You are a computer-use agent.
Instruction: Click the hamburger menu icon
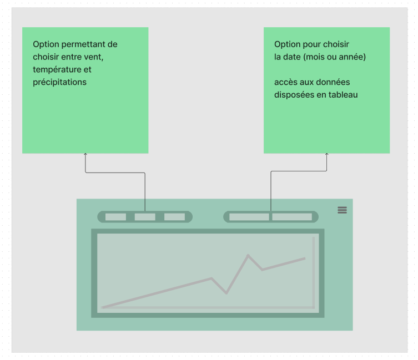(343, 210)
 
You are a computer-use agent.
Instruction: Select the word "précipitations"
(60, 82)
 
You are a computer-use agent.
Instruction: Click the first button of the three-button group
(115, 217)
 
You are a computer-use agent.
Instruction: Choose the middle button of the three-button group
(145, 217)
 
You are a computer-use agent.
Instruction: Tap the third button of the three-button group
(175, 217)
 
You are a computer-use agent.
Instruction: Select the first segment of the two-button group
(249, 217)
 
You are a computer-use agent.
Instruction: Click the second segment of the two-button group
(292, 217)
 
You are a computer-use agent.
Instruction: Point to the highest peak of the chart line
(248, 255)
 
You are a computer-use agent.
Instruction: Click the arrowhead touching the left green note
(85, 154)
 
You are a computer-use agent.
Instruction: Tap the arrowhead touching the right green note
(326, 154)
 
